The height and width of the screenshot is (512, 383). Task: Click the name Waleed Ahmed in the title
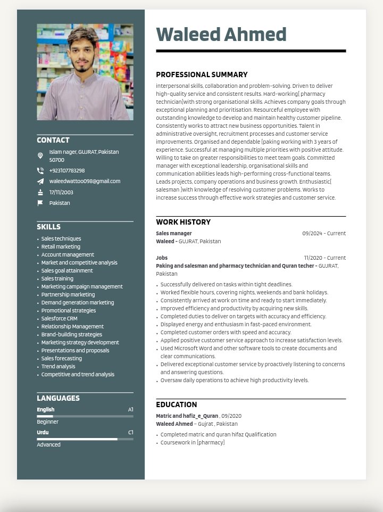221,35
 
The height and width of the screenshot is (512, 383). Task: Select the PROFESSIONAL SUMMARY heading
202,75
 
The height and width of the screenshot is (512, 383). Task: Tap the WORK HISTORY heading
183,222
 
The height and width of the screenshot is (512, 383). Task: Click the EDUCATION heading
177,405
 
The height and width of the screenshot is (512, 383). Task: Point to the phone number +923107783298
67,171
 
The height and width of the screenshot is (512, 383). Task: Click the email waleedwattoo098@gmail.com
85,181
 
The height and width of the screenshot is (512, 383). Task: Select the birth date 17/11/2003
61,193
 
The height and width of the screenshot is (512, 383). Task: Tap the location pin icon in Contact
40,156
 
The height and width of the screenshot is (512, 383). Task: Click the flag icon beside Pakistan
40,203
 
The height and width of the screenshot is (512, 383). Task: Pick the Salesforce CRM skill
60,319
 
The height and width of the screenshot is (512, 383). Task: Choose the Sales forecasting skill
62,359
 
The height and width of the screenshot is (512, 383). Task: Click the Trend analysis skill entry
59,367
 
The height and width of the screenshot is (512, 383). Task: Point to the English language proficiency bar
85,416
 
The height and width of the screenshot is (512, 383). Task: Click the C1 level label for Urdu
131,433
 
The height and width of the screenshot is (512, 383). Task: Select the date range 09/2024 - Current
324,234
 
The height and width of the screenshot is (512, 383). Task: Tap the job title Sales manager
174,234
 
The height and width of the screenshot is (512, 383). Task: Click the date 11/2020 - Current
324,258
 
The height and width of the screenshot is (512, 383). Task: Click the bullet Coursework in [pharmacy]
193,443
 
